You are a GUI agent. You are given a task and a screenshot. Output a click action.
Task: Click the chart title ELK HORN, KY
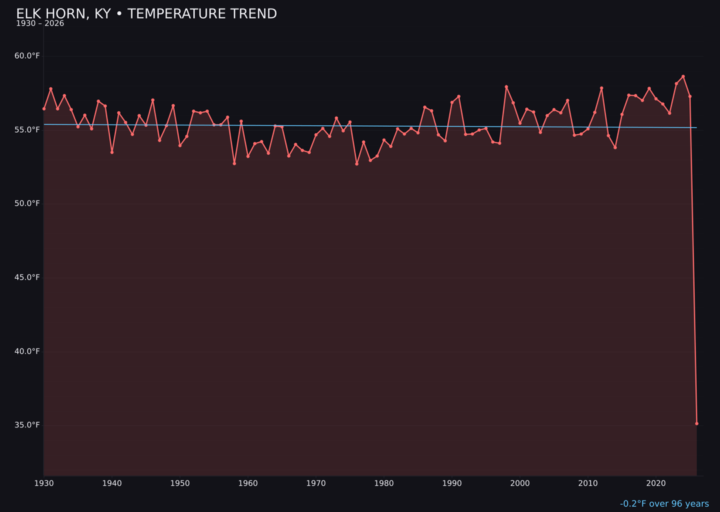[x=146, y=14]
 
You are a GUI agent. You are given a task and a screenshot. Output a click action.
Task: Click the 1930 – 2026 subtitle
[x=40, y=24]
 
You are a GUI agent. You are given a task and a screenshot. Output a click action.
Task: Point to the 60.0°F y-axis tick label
[x=27, y=56]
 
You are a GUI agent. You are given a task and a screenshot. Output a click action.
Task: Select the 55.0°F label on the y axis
[x=27, y=130]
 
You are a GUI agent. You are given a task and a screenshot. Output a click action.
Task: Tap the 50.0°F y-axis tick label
[x=27, y=203]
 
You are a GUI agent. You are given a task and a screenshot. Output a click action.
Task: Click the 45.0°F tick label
[x=27, y=277]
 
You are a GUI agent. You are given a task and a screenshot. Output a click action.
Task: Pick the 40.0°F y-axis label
[x=27, y=351]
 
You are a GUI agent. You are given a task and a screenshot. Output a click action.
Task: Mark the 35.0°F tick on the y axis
[x=27, y=425]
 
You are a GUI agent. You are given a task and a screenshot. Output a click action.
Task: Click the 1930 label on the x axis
[x=44, y=483]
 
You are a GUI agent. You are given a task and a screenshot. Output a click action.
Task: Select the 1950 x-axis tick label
[x=180, y=483]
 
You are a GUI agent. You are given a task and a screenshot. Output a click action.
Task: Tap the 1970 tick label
[x=316, y=483]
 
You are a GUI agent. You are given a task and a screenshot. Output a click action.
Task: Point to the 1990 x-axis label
[x=452, y=483]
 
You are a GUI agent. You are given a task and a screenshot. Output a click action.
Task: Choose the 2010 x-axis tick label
[x=588, y=483]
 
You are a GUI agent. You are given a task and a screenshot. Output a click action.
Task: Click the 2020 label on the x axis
[x=656, y=483]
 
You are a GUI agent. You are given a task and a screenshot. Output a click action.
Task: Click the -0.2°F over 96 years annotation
[x=664, y=504]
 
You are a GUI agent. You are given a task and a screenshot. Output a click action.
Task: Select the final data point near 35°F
[x=697, y=423]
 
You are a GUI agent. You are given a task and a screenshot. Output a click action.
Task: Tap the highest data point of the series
[x=683, y=77]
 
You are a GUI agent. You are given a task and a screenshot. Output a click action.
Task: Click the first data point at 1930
[x=44, y=109]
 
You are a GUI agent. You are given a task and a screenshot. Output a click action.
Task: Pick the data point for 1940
[x=112, y=152]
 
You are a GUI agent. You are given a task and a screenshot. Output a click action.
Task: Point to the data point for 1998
[x=506, y=87]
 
